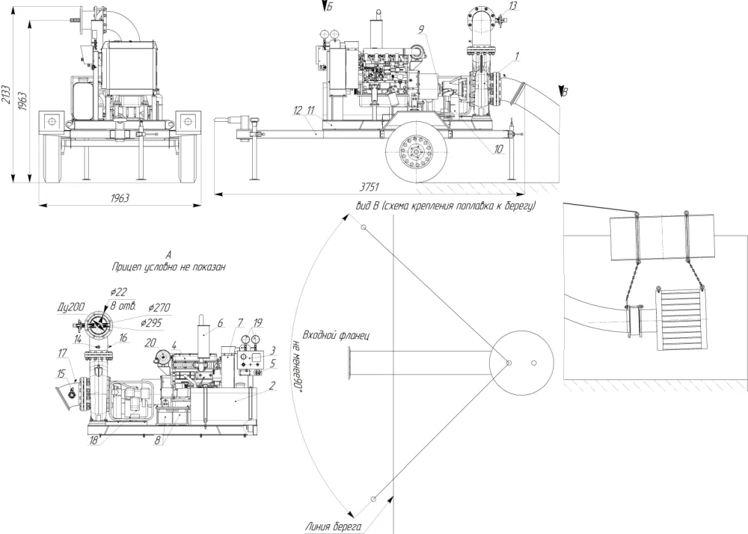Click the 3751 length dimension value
[x=369, y=187]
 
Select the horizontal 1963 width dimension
[x=119, y=197]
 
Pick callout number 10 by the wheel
[x=498, y=149]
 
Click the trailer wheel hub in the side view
[x=416, y=151]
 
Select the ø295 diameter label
[x=151, y=323]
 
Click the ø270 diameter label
[x=159, y=307]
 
